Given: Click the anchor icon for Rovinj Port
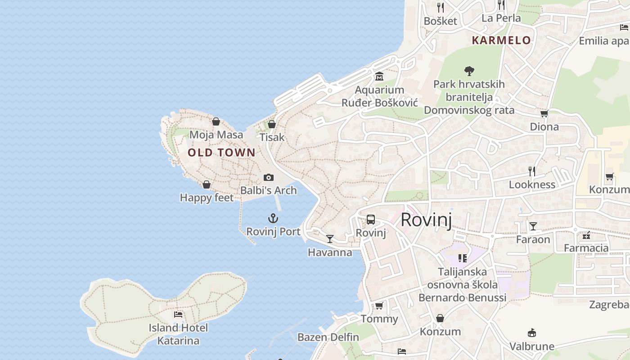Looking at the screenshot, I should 273,219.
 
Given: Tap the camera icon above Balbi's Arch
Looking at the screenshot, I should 269,177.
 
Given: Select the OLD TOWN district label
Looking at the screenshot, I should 221,153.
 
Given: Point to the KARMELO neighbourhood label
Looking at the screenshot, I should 501,40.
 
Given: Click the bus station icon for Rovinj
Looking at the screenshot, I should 371,220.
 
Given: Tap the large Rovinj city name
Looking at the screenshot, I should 426,220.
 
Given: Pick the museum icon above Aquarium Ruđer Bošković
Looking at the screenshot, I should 379,76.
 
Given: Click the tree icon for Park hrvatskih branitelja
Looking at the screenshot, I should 469,71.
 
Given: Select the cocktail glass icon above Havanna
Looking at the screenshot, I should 330,238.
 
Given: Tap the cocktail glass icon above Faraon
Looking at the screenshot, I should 533,226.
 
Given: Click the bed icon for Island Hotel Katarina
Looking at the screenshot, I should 178,314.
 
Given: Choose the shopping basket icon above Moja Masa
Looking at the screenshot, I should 216,121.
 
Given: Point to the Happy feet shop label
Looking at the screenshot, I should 207,198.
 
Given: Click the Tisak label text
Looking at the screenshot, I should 272,137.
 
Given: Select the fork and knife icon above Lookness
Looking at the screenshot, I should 532,171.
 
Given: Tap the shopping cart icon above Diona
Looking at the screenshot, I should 544,113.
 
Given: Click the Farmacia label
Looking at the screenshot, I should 586,248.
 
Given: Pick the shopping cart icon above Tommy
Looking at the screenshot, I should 379,306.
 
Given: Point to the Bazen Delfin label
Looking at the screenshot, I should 328,337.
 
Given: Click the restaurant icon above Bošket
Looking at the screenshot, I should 441,8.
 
